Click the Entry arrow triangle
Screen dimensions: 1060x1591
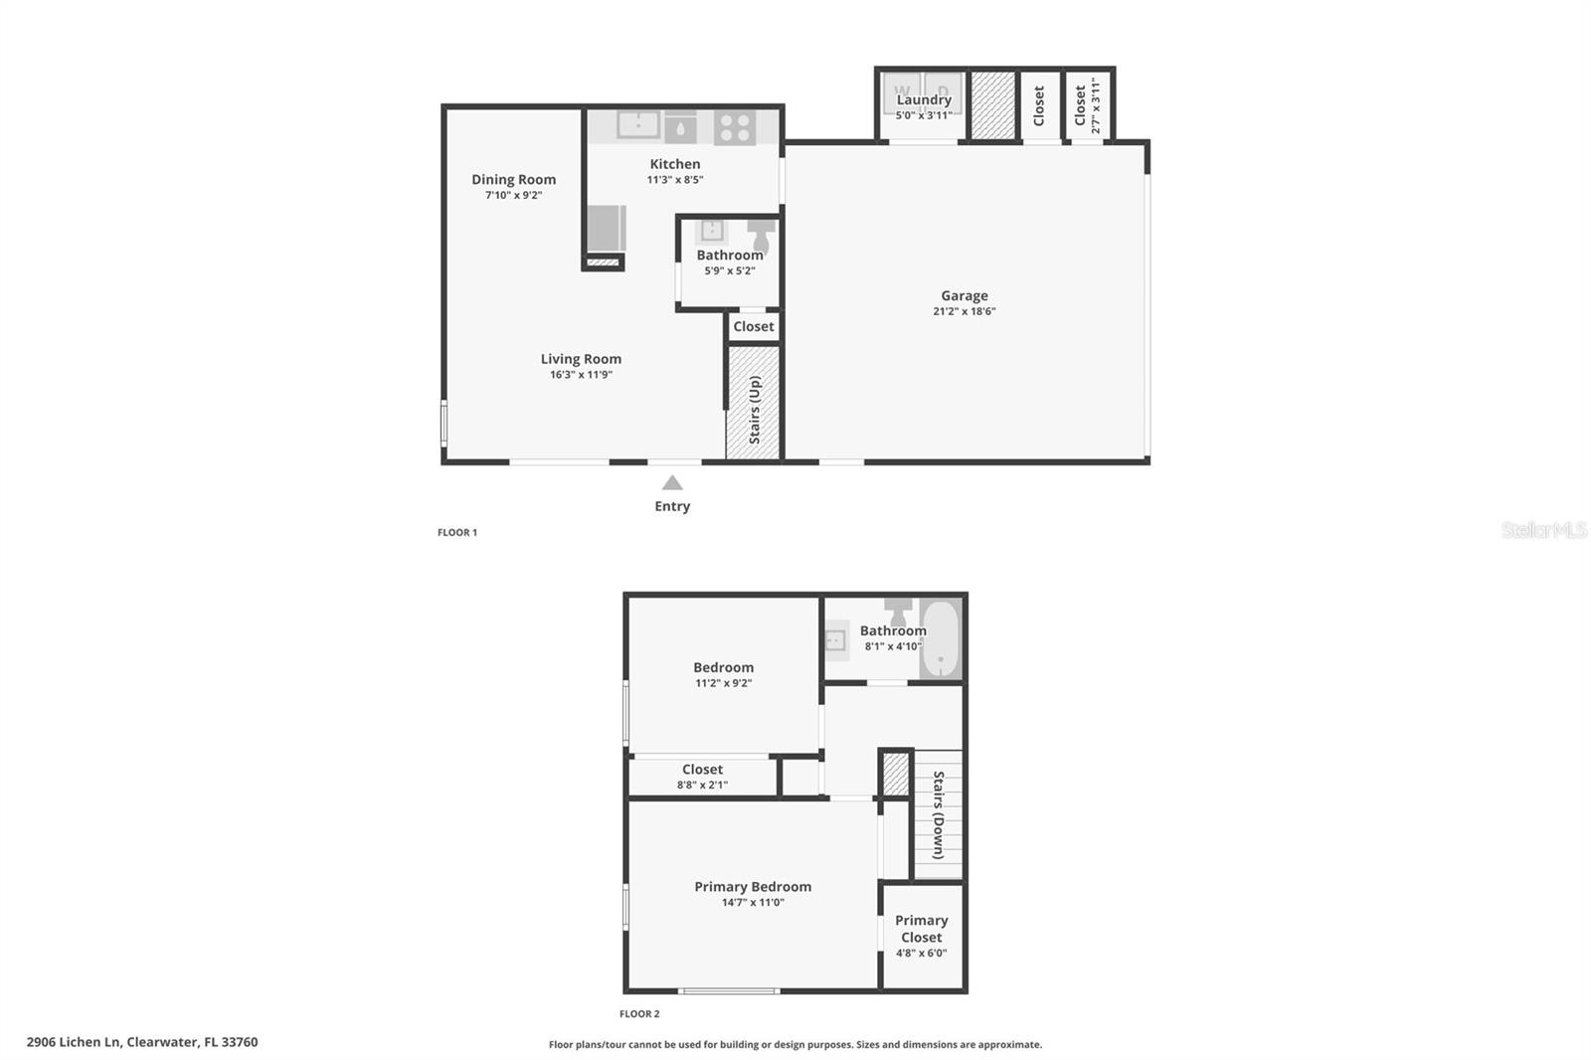[x=672, y=483]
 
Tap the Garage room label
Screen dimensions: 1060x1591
[x=965, y=295]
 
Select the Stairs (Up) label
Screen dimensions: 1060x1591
[x=755, y=409]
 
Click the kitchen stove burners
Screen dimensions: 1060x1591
[x=735, y=127]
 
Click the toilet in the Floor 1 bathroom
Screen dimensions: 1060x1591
[x=762, y=235]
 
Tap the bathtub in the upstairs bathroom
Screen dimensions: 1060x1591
[x=940, y=639]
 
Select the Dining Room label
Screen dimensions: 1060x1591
[x=513, y=180]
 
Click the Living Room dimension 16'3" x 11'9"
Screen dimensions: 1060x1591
[x=581, y=375]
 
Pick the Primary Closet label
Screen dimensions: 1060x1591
[x=921, y=929]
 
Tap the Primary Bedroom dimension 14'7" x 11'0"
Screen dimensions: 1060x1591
[x=753, y=903]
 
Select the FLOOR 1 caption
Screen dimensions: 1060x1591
[x=457, y=533]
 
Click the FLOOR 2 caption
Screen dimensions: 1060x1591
[x=639, y=1014]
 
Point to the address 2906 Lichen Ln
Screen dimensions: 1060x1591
[x=75, y=1042]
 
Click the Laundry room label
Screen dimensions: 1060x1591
[x=924, y=99]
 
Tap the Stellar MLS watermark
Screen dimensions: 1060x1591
[x=1543, y=530]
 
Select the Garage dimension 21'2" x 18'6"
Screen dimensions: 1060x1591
[x=965, y=311]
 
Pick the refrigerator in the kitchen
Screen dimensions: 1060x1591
[x=606, y=229]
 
